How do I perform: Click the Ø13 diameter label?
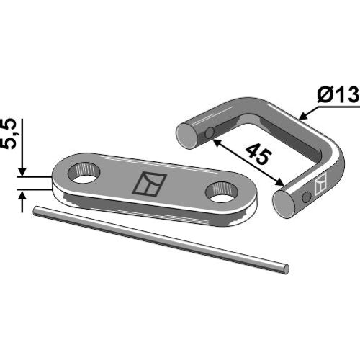pyautogui.click(x=338, y=94)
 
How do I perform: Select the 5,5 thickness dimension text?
pyautogui.click(x=12, y=133)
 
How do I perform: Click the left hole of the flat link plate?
pyautogui.click(x=84, y=173)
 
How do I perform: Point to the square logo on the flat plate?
pyautogui.click(x=150, y=184)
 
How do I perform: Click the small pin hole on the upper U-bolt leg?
pyautogui.click(x=210, y=132)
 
